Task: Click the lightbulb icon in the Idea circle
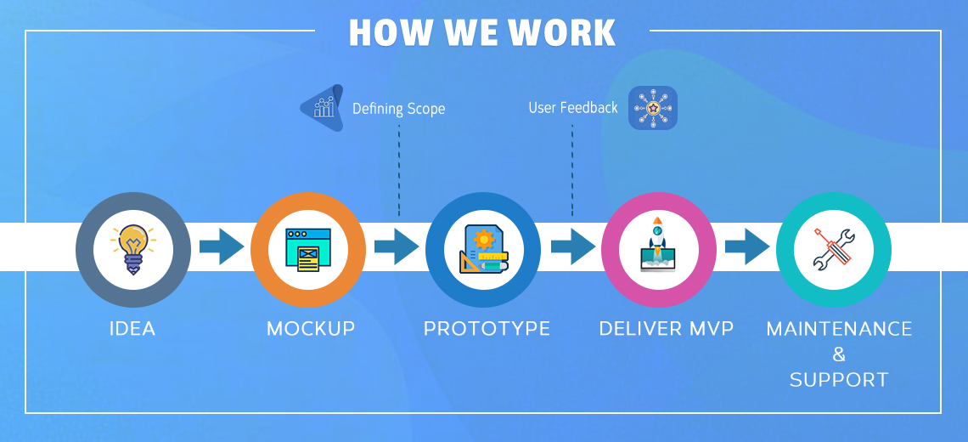132,249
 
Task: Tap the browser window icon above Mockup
307,250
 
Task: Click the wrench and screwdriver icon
834,250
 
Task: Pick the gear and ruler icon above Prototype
483,249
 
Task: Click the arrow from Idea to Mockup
222,246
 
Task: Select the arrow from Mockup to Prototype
397,246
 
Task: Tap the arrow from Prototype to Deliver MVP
573,246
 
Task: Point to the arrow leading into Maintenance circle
747,246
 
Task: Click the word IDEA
132,328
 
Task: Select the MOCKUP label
311,328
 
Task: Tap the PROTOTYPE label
487,328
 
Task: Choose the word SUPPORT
839,380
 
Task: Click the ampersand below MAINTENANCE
839,354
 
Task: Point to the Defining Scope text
398,110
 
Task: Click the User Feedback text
573,108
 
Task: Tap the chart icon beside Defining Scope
323,108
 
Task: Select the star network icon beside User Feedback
653,108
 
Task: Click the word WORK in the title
560,33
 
